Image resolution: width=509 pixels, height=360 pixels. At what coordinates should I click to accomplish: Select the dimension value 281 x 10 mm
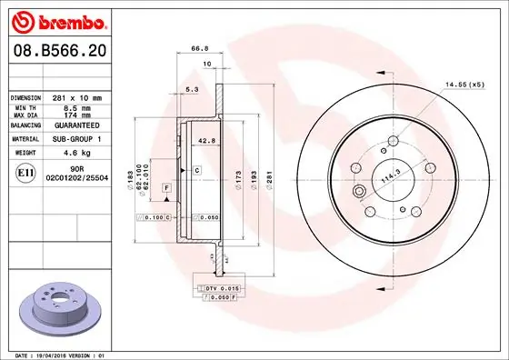click(x=75, y=96)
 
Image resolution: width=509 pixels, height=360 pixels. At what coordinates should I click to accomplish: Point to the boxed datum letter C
click(x=195, y=171)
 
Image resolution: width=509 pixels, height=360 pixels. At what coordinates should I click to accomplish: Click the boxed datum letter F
click(x=165, y=187)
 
